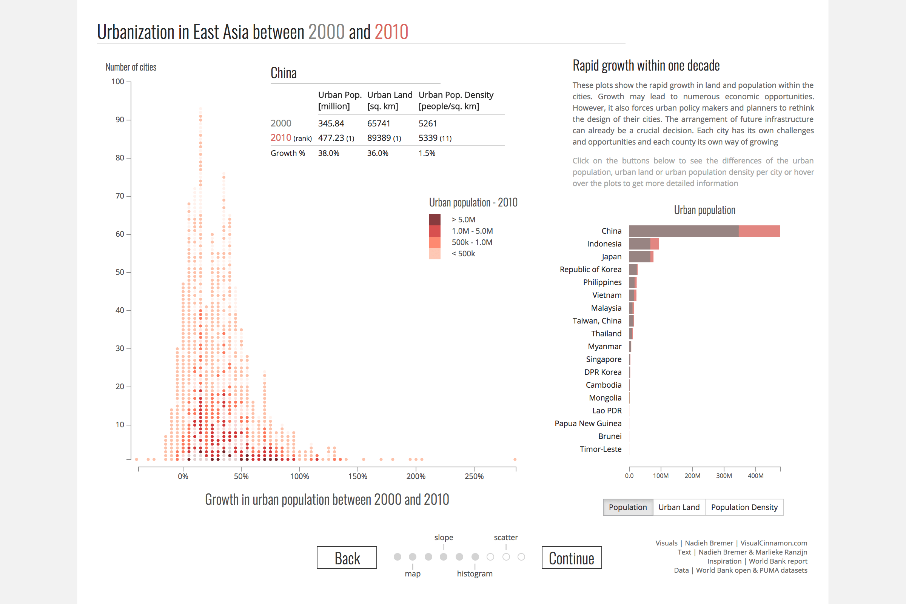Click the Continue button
point(571,558)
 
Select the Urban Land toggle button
point(679,507)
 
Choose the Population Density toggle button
point(744,507)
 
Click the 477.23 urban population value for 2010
point(331,138)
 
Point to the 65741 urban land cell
point(378,123)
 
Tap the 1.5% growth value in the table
point(427,153)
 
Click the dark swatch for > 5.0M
point(435,220)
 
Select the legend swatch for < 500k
point(435,253)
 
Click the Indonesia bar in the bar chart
point(643,244)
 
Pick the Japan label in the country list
point(611,257)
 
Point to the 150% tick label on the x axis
point(357,476)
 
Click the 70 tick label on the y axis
point(120,196)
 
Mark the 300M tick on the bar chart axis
point(724,476)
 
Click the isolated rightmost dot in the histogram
point(515,459)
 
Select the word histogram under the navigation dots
point(475,573)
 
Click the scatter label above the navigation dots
point(506,537)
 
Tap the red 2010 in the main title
point(391,32)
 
